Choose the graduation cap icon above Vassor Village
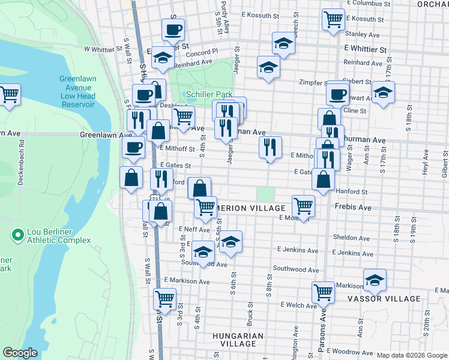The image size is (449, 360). [375, 280]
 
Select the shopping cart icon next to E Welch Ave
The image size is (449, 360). [323, 292]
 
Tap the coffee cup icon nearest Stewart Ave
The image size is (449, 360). [338, 94]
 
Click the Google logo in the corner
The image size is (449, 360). [20, 352]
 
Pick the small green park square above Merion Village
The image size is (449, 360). [265, 194]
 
